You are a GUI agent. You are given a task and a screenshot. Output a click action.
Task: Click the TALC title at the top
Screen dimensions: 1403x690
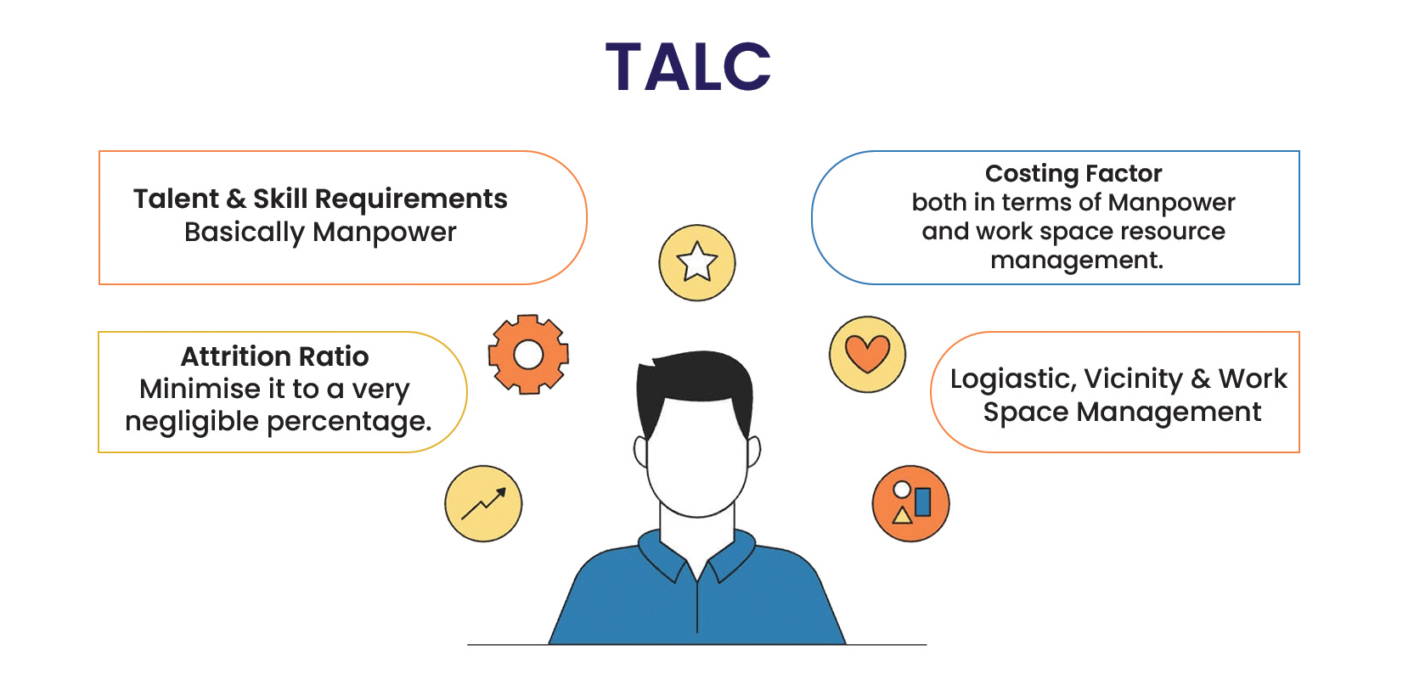pos(688,67)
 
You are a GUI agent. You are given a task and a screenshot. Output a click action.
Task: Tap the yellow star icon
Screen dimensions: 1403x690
pos(697,263)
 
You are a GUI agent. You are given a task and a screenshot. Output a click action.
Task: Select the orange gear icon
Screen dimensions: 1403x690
pos(528,355)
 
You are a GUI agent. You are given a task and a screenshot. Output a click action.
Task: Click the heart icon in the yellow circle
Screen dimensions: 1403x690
pos(867,355)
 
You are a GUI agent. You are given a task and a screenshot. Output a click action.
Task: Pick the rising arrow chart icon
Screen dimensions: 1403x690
pos(483,503)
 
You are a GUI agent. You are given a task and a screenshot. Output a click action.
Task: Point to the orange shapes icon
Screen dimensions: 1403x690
pos(910,503)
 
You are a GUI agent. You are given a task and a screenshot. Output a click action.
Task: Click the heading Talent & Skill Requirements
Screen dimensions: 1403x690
pos(320,199)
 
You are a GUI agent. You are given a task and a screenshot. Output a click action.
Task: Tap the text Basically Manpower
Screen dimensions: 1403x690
pos(320,233)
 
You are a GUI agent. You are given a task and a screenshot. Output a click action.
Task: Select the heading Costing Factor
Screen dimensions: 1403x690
pos(1073,173)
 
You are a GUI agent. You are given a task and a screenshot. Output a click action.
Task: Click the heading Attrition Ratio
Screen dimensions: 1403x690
pos(275,356)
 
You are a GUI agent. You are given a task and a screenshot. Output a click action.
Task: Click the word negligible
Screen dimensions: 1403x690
pos(192,422)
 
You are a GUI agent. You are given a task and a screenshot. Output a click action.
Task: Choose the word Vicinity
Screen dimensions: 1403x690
pos(1133,379)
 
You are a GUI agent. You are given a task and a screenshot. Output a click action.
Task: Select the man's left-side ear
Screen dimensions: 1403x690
pos(640,452)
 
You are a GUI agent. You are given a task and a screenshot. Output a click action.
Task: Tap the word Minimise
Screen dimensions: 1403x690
pos(200,389)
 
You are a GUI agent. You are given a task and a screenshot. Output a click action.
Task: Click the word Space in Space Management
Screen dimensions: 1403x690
pos(1025,412)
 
